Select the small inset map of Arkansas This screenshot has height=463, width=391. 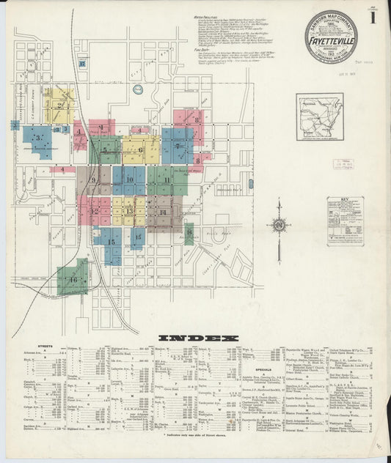[319, 117]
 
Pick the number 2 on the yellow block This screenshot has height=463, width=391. [59, 105]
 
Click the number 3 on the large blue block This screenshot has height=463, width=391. [37, 137]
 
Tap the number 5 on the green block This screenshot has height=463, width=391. [105, 151]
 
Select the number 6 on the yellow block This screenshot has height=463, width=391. [140, 150]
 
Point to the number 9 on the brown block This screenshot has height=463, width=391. [93, 179]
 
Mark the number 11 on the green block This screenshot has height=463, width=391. [167, 179]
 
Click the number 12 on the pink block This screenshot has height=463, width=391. [94, 211]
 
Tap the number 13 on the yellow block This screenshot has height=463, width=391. [129, 211]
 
